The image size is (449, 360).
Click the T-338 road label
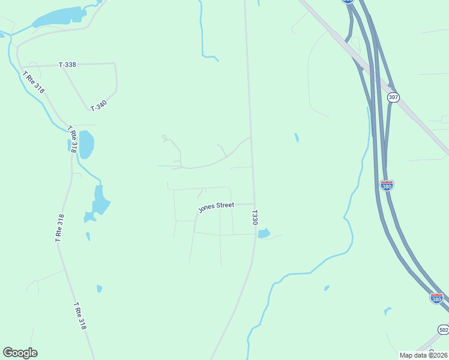coord(67,64)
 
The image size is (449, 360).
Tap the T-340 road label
coord(98,106)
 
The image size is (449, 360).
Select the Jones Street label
coord(216,206)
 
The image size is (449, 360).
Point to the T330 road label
coord(255,217)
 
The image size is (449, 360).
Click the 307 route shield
coord(393,97)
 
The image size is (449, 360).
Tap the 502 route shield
coord(443,330)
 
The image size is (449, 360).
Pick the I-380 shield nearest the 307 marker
coord(387,185)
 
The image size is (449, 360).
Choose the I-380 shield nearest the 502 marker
coord(437,298)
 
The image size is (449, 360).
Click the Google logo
coord(20,353)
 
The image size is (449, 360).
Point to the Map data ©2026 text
coord(423,355)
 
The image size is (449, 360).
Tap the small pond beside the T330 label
coord(264,233)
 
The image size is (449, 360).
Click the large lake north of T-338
coord(60,17)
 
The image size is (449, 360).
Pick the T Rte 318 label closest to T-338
coord(34,82)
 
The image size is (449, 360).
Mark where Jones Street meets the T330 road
coord(254,204)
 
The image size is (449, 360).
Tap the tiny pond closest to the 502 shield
coord(388,311)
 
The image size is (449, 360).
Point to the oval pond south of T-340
coord(86,145)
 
